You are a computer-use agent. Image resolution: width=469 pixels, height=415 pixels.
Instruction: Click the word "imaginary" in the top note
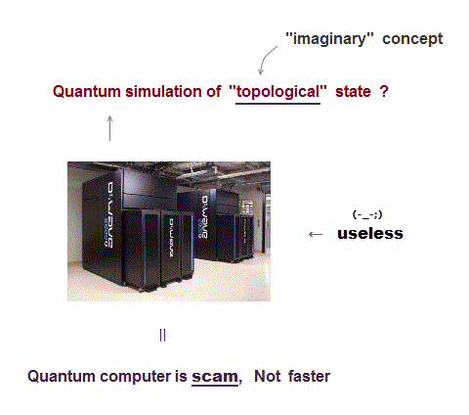tap(329, 39)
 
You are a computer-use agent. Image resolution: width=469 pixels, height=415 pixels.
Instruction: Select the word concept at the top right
tap(412, 39)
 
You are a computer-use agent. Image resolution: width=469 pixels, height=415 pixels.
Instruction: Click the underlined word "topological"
tap(277, 92)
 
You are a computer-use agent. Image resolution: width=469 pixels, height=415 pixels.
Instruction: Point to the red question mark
tap(384, 91)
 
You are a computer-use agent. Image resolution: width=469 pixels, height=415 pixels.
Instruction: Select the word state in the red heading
tap(353, 92)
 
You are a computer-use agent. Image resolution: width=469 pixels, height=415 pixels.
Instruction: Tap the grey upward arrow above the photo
tap(110, 128)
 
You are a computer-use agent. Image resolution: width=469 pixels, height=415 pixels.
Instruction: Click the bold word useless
tap(370, 234)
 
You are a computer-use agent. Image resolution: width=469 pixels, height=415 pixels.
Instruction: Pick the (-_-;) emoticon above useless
tap(367, 215)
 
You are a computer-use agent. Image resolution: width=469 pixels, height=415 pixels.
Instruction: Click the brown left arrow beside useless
tap(316, 234)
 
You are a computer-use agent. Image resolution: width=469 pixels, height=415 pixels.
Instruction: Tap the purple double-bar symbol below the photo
tap(163, 335)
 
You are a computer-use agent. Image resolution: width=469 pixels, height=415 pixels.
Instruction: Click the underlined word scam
tap(215, 377)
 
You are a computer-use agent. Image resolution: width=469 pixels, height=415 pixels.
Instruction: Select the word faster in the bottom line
tap(309, 376)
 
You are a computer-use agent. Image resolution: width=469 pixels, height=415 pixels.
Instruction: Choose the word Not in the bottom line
tap(267, 376)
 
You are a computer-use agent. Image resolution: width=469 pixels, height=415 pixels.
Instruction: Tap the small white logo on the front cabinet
tap(171, 238)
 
